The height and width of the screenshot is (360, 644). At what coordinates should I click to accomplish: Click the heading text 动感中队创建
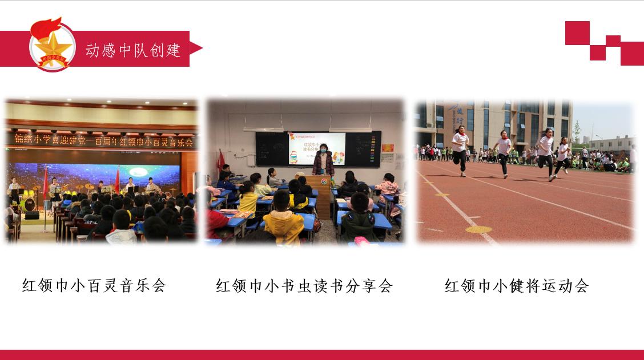click(133, 50)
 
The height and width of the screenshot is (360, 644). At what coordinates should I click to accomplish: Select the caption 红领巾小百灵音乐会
click(94, 285)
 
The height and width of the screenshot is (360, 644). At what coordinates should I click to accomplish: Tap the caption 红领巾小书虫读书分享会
click(304, 285)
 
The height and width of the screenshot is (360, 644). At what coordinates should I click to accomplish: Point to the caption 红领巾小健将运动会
click(516, 285)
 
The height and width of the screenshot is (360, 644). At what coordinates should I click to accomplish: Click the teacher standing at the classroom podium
click(323, 161)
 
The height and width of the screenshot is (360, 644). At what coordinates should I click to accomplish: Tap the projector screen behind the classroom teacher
click(317, 147)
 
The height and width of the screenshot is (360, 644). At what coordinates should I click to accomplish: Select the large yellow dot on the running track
click(478, 229)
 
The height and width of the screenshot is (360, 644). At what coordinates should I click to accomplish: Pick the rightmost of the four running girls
click(563, 155)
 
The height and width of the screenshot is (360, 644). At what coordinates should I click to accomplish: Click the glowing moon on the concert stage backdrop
click(138, 171)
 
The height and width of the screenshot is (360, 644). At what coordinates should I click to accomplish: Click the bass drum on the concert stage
click(30, 204)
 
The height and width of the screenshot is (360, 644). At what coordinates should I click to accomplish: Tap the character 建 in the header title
click(173, 50)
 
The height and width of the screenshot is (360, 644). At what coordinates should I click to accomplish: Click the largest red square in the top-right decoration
click(631, 53)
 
